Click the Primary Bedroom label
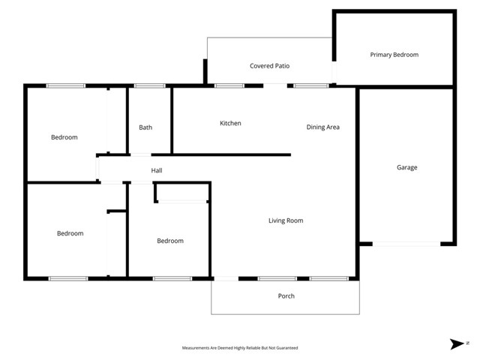394,55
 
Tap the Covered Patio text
269,66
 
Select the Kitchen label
230,123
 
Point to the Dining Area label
322,127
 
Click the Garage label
406,167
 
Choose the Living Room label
286,220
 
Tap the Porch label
286,295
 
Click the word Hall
157,171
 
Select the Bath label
145,127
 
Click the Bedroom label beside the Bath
64,137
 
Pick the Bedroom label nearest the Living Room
170,241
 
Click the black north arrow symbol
457,344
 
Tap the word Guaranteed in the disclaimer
288,348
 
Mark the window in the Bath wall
150,85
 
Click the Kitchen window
229,85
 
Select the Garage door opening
406,244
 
